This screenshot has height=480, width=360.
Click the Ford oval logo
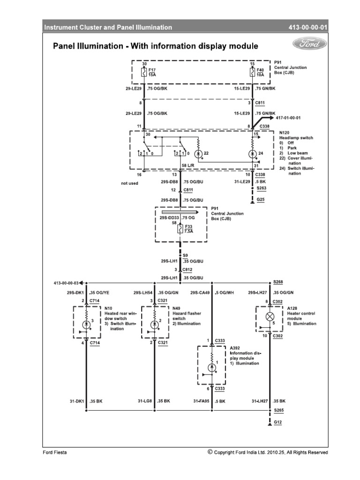pos(310,44)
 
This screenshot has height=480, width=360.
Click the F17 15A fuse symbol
pos(144,73)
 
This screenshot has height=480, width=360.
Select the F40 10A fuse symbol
pos(253,73)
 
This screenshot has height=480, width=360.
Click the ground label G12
pos(278,422)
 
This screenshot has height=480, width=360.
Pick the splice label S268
pos(278,283)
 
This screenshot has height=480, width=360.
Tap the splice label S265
pos(278,411)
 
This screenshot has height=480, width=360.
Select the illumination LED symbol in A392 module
pos(212,367)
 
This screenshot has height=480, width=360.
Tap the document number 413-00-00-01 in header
pos(309,28)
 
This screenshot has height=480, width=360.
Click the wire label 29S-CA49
pos(200,292)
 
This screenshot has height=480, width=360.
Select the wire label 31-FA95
pos(202,401)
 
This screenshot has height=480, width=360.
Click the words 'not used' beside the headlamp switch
pos(129,183)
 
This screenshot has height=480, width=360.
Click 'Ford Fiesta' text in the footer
pos(56,452)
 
